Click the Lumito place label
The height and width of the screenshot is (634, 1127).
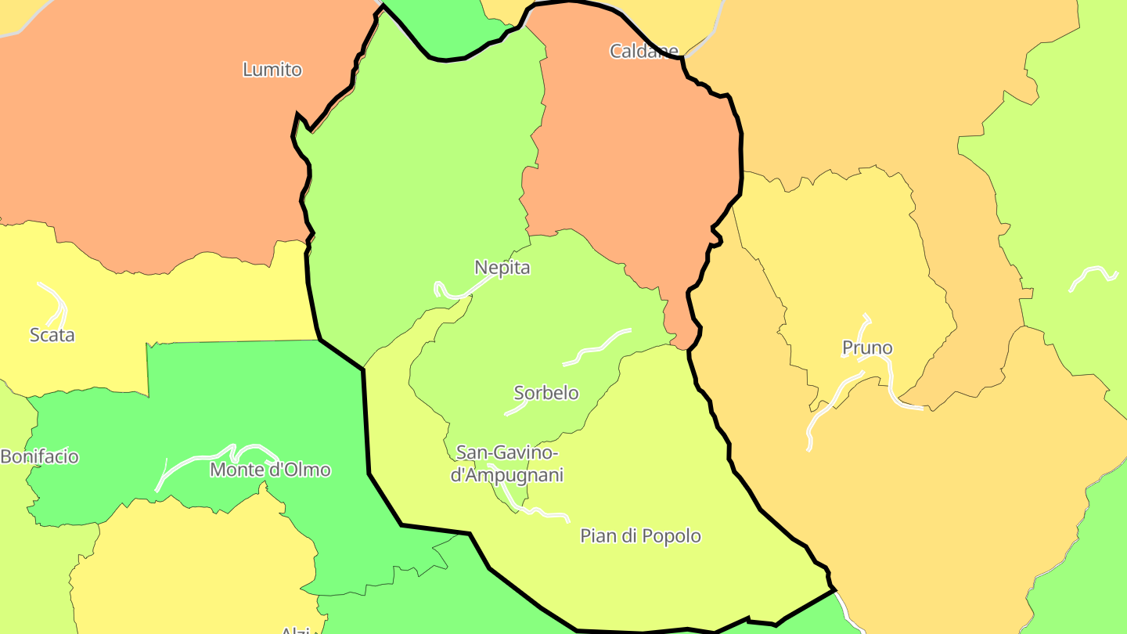click(x=272, y=70)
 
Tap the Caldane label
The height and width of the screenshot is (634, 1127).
click(x=643, y=52)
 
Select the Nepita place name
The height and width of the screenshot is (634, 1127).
click(x=502, y=268)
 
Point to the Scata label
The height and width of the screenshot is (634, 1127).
click(x=52, y=335)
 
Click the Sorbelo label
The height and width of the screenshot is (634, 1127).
click(x=545, y=393)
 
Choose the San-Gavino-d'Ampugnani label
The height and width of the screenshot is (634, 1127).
click(x=507, y=464)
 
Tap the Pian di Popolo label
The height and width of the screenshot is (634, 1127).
click(x=640, y=536)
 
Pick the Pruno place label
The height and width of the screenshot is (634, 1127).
click(x=866, y=348)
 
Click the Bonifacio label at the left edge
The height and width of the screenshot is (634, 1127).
click(x=39, y=456)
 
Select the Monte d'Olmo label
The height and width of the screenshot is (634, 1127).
click(x=270, y=470)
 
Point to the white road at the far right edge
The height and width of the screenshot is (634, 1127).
click(x=1093, y=274)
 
